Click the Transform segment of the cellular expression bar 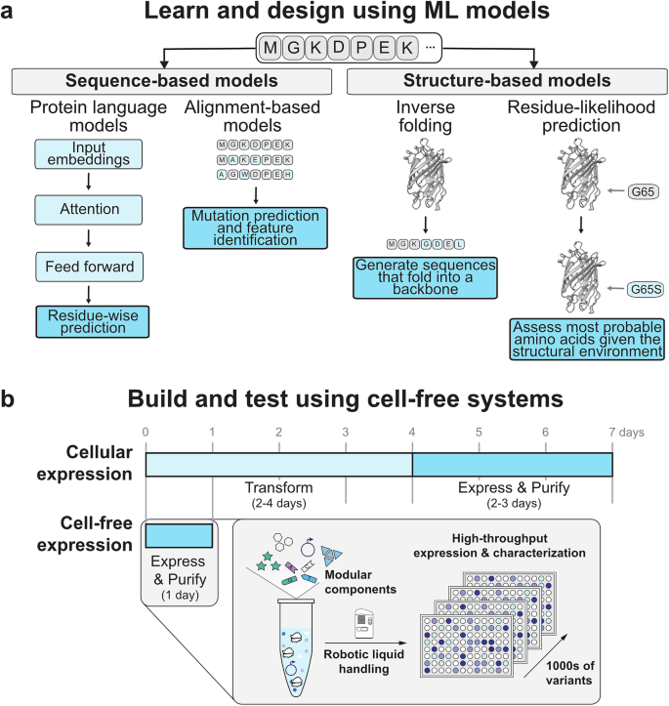coord(278,457)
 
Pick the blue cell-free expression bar coord(179,536)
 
